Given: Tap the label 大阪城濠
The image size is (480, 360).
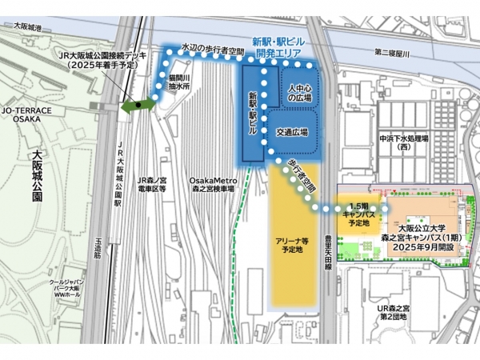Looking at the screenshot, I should [x=29, y=27].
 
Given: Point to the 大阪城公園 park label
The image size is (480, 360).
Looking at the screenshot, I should [x=37, y=176].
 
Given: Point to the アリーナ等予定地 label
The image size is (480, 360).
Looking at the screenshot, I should [x=294, y=245].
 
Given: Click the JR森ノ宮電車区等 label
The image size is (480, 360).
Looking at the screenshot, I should [x=151, y=186].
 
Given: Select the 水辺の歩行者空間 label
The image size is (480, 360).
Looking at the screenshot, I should [x=212, y=48].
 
